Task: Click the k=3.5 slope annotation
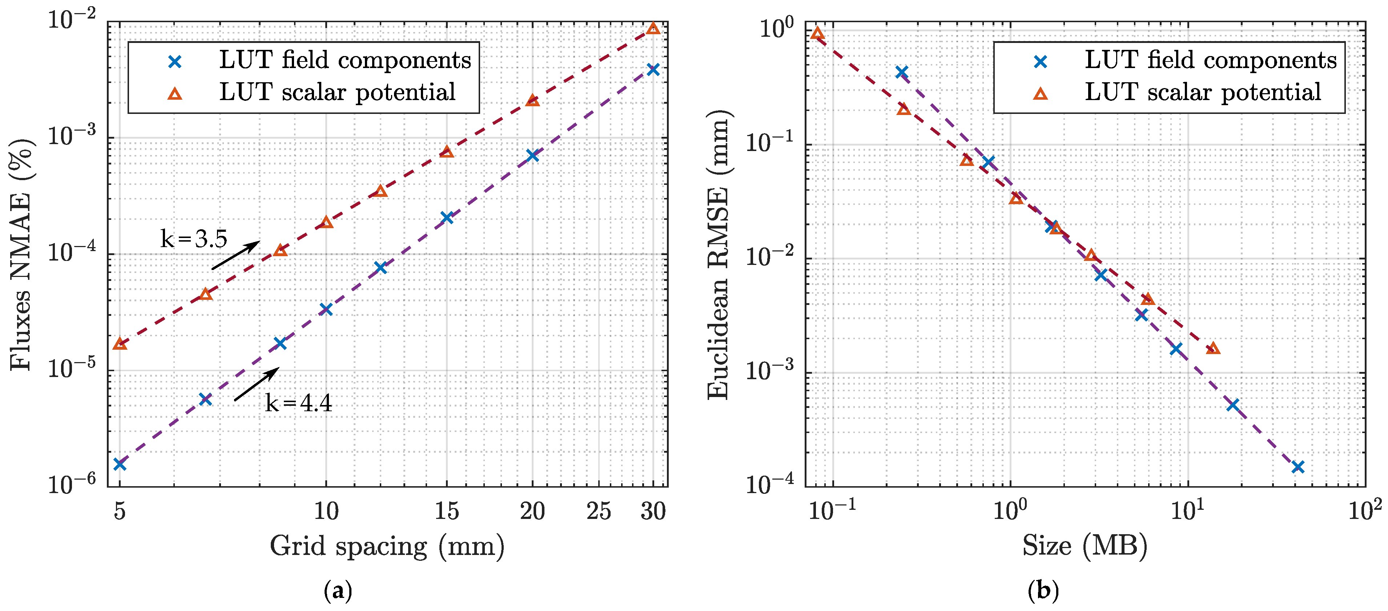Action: click(194, 239)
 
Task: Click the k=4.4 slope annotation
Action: click(298, 403)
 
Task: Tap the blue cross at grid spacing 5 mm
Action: click(120, 464)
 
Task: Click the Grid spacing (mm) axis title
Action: click(387, 546)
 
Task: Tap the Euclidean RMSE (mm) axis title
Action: click(718, 254)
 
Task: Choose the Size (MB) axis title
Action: click(1085, 546)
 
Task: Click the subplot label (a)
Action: click(338, 591)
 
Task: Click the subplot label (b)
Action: click(1043, 591)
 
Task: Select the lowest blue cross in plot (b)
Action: click(1298, 467)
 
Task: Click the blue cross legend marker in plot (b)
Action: click(1041, 62)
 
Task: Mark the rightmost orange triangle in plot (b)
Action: click(1213, 348)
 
